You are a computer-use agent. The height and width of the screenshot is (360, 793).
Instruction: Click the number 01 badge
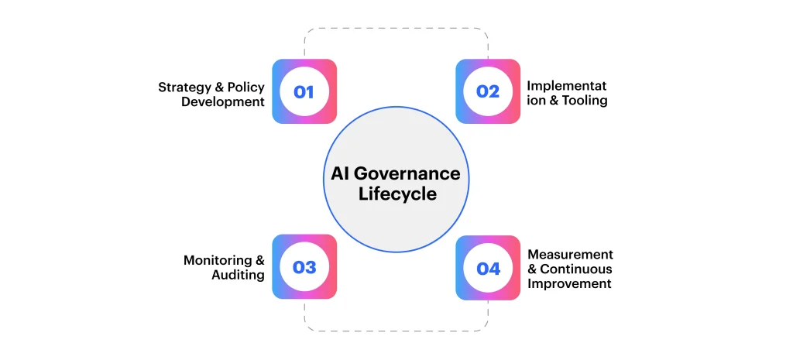(304, 91)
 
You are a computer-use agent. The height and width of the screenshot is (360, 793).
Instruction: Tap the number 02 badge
(488, 91)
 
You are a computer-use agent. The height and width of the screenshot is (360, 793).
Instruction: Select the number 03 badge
(304, 267)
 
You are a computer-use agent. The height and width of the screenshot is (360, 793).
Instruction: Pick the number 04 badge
(488, 268)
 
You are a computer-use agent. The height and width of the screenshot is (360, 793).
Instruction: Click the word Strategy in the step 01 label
(184, 87)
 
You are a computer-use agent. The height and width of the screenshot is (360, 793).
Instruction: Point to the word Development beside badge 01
(223, 101)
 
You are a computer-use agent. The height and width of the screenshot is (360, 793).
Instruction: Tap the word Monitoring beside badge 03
(218, 260)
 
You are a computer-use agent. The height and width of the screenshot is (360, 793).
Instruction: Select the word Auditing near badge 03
(238, 275)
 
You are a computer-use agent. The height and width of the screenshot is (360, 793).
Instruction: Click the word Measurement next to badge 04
(570, 254)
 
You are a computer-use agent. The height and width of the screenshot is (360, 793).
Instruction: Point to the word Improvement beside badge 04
(569, 283)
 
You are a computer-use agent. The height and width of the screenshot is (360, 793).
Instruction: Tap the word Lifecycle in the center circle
(397, 194)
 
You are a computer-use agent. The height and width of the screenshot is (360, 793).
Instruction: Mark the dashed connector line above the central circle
(396, 29)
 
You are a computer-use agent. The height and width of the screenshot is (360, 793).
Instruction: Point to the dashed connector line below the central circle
(396, 331)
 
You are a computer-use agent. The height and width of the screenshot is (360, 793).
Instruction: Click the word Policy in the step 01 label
(245, 87)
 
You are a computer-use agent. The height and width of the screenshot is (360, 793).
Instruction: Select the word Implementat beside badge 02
(567, 85)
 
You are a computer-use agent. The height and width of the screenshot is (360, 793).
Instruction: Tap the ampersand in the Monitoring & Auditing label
(259, 260)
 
